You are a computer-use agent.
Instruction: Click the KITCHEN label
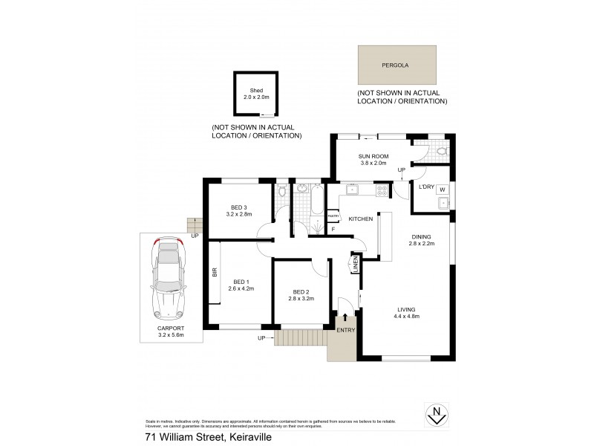361,219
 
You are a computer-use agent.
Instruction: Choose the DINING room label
421,238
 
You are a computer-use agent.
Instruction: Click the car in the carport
168,279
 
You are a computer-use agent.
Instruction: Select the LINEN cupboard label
355,265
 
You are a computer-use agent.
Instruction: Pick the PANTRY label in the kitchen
333,216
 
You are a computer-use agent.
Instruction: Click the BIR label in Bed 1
214,273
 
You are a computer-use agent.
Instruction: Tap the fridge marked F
333,228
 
